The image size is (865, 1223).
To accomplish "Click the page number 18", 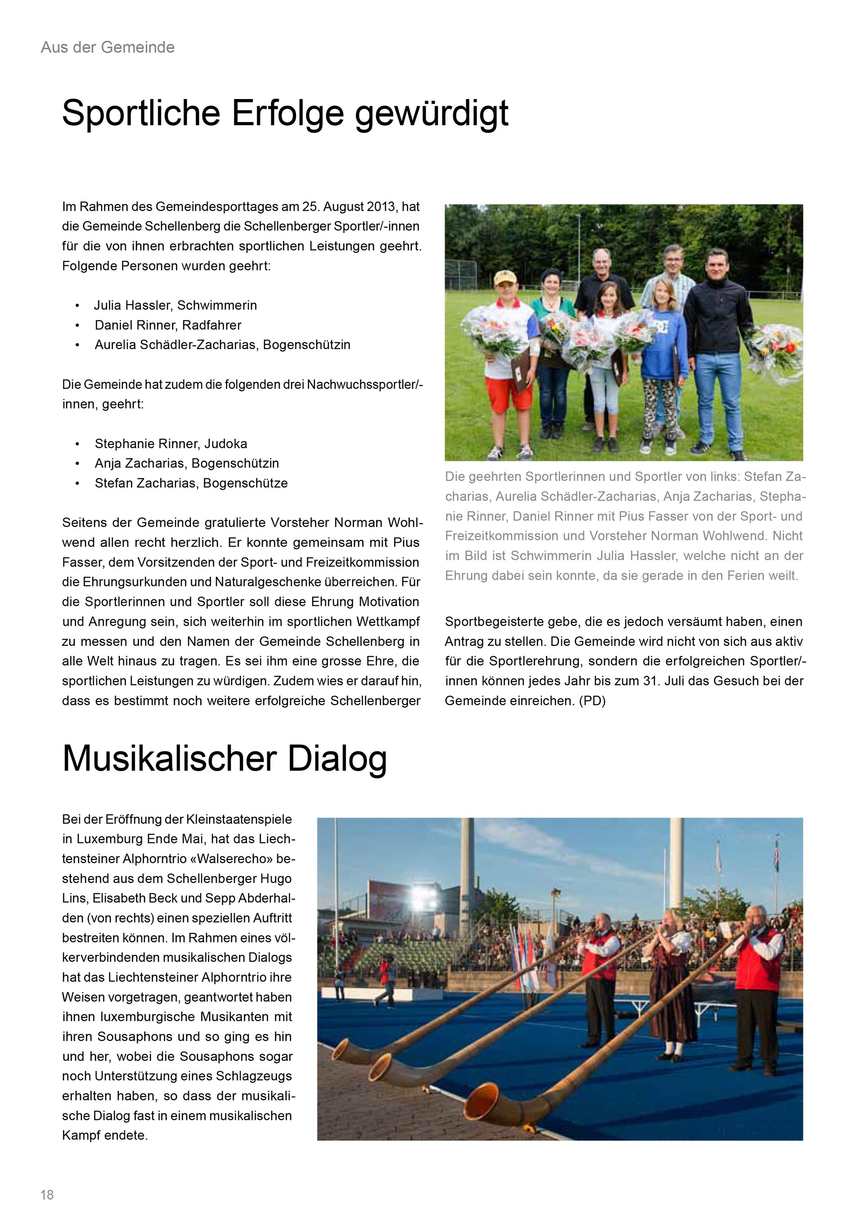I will pos(47,1195).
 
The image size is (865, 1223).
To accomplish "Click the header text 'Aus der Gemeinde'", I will pos(108,47).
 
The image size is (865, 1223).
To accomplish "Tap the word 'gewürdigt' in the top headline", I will pos(432,113).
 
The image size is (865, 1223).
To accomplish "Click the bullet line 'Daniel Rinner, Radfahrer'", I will pos(168,325).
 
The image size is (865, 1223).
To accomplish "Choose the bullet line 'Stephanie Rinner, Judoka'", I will pos(170,444).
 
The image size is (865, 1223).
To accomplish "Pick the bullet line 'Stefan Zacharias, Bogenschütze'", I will pos(191,483).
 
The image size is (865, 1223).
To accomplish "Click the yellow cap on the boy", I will pos(505,277).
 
